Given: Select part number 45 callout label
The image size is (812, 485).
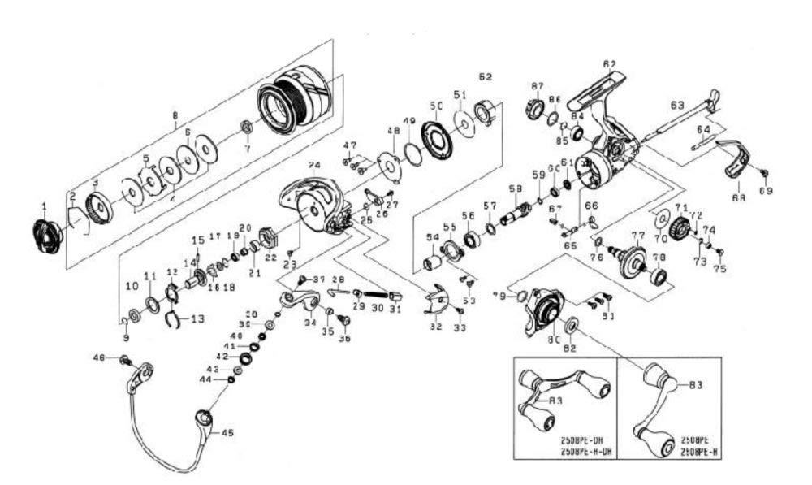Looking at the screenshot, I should click(x=227, y=433).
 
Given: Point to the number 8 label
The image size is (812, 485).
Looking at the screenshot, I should click(x=175, y=116).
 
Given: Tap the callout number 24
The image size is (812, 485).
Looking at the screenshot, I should click(x=314, y=166).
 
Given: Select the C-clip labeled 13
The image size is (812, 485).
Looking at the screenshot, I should click(x=172, y=319).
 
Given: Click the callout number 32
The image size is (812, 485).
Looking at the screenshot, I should click(x=436, y=327).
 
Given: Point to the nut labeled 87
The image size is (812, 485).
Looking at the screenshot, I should click(x=536, y=106).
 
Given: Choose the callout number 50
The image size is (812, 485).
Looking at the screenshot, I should click(x=436, y=106).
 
